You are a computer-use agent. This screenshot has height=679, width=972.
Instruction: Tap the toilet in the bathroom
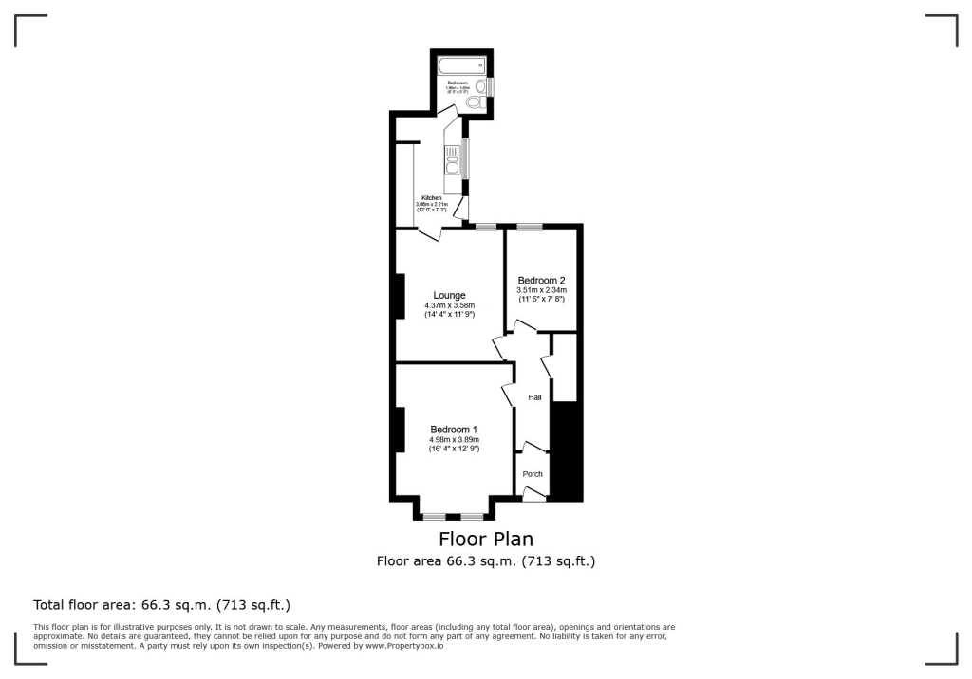475,101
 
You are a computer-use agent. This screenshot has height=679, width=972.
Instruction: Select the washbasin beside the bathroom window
481,86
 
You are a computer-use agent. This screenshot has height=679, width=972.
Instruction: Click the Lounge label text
449,295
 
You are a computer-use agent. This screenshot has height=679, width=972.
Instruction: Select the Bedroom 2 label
541,280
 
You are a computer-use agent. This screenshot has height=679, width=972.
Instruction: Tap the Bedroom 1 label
454,430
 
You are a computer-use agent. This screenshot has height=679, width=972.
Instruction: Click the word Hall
534,397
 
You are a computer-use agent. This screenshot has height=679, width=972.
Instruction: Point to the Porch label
533,474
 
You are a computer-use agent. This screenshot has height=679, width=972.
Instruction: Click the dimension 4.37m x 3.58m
449,305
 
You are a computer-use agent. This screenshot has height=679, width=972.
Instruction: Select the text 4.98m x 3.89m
454,440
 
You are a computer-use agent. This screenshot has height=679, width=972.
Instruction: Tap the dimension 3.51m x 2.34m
541,290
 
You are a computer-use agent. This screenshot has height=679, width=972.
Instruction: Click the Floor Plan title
486,540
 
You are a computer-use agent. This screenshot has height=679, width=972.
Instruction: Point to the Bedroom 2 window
530,226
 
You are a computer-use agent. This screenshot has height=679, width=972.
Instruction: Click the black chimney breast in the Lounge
400,295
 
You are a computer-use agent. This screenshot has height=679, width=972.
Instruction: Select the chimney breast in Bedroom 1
400,429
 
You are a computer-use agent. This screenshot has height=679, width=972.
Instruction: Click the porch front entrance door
534,492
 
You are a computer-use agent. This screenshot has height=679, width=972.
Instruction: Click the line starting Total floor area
161,604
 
